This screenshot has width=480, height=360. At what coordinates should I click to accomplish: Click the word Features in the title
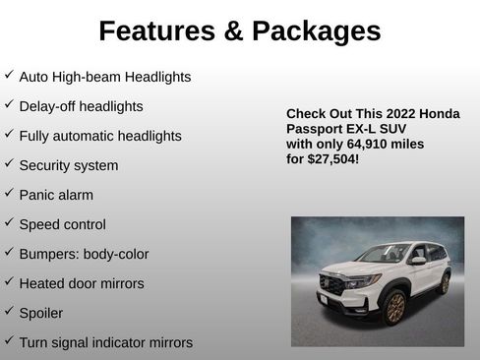tap(155, 31)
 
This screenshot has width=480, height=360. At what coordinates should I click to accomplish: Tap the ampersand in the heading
tap(232, 31)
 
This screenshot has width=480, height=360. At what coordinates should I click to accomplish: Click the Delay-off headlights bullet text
tap(81, 106)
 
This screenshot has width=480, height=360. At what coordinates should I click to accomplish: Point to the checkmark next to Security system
tap(9, 164)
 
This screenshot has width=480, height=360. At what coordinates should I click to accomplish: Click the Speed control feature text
tap(62, 224)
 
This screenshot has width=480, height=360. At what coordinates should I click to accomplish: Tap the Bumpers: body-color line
tap(84, 254)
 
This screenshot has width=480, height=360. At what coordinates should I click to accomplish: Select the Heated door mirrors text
tap(81, 283)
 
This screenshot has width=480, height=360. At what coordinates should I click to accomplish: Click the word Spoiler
tap(40, 313)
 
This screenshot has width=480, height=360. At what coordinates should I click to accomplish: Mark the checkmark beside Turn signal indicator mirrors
tap(9, 341)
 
